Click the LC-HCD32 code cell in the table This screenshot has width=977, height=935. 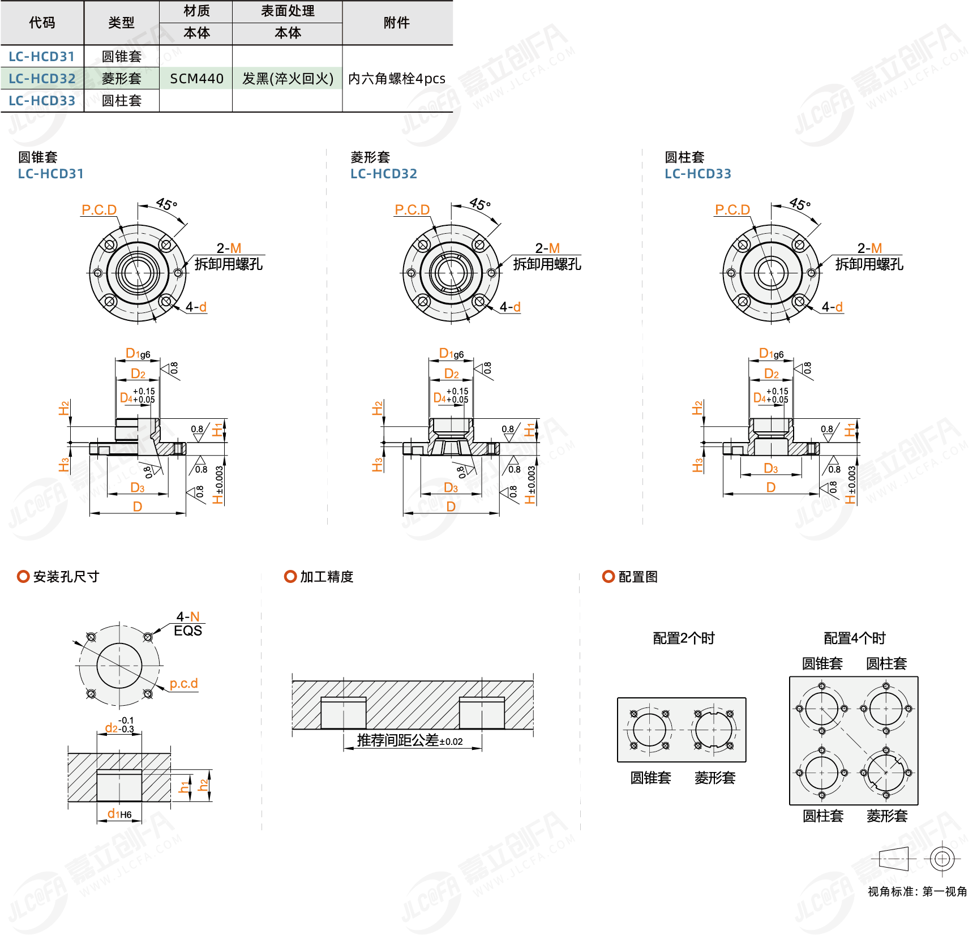point(42,79)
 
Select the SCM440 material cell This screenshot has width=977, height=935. point(196,79)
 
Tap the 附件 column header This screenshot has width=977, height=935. point(397,23)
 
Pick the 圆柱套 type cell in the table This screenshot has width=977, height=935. point(122,101)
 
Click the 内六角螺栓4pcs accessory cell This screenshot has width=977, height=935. point(397,79)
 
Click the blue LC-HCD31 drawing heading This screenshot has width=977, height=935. point(51,174)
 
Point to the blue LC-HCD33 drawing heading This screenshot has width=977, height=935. point(698,174)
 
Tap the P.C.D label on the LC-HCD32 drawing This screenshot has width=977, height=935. point(412,209)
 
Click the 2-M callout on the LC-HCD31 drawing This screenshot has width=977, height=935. point(229,248)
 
